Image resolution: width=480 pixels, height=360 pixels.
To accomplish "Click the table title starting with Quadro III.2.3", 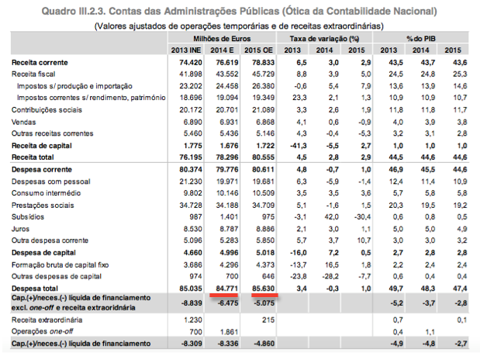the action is (239, 12).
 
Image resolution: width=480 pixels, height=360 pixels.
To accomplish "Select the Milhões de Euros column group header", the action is (222, 39).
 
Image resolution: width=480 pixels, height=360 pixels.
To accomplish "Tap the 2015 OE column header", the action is (258, 50).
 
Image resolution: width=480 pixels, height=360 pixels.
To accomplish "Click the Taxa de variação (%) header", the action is (324, 39).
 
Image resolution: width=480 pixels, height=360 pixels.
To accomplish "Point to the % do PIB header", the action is (421, 39).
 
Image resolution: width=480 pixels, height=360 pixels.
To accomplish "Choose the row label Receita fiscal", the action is (33, 74).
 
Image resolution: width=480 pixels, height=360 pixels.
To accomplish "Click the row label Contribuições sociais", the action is (47, 110).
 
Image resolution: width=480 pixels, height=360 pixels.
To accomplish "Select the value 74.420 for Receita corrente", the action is (191, 63).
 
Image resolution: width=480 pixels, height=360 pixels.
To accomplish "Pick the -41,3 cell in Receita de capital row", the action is (299, 146).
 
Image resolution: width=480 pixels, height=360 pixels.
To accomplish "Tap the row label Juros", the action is (20, 229).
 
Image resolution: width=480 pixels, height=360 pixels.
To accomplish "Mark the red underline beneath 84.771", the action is (224, 295).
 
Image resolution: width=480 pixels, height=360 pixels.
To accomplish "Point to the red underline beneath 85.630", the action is (264, 295).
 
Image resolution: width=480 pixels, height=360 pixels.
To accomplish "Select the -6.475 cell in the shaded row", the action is (227, 303).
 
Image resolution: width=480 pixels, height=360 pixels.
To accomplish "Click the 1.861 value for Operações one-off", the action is (229, 332).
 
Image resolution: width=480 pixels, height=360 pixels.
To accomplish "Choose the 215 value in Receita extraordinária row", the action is (268, 320).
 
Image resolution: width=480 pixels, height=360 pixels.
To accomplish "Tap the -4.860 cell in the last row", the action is (264, 344).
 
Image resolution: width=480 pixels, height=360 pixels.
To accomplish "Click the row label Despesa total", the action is (35, 289).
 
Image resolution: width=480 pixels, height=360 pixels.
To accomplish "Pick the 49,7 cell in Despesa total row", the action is (396, 289).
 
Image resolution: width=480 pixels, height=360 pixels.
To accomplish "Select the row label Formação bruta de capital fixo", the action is (60, 265).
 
